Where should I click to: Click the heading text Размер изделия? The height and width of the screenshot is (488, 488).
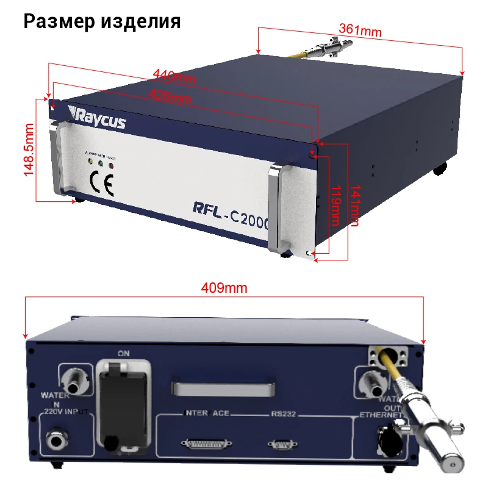(102, 21)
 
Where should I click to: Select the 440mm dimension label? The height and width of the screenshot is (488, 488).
(174, 76)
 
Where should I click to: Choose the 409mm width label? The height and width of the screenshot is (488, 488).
(224, 288)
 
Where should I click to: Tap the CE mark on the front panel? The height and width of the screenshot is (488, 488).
(101, 183)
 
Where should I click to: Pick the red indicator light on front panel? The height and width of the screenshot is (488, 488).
(111, 163)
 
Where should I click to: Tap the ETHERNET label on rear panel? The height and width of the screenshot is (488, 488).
(380, 415)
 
